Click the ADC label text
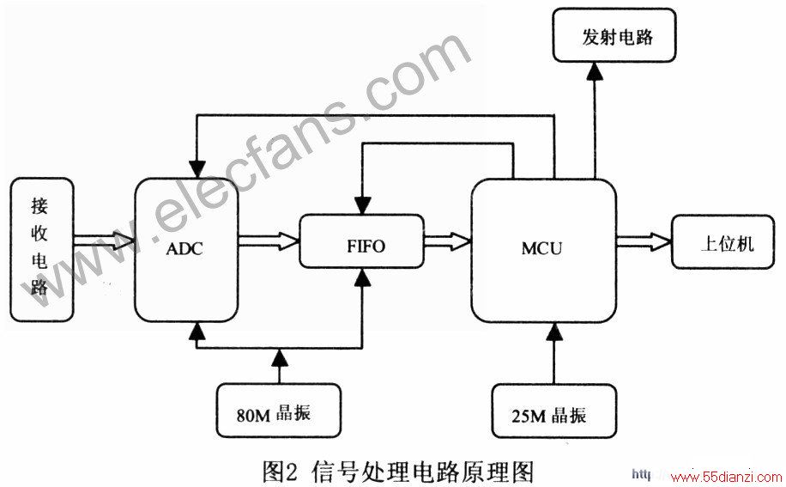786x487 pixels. [184, 249]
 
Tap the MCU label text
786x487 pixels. [541, 248]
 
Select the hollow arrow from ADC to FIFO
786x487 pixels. [269, 240]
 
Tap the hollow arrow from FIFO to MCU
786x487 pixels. [448, 240]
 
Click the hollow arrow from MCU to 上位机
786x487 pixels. [644, 241]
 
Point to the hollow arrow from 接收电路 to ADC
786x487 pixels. [105, 240]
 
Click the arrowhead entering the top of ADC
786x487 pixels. [198, 169]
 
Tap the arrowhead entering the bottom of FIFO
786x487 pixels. [362, 277]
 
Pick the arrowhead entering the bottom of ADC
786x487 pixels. [198, 331]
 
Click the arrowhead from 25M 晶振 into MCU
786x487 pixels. [554, 332]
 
